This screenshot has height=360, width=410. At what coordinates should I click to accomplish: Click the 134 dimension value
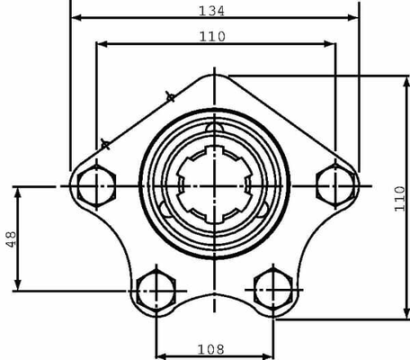point(211,11)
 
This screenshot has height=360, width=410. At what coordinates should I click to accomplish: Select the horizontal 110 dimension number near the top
point(212,37)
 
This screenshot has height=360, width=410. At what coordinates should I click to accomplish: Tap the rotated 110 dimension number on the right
point(400,199)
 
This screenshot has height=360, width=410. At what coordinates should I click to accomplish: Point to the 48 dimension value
point(11,239)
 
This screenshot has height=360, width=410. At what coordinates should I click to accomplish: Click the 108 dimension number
point(211,349)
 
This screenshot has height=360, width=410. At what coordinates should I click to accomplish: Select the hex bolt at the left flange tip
point(96,186)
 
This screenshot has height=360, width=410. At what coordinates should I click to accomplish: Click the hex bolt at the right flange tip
point(335,186)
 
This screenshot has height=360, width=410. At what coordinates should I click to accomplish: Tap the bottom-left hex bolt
point(156,291)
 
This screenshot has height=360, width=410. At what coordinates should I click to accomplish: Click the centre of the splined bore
point(214,184)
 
